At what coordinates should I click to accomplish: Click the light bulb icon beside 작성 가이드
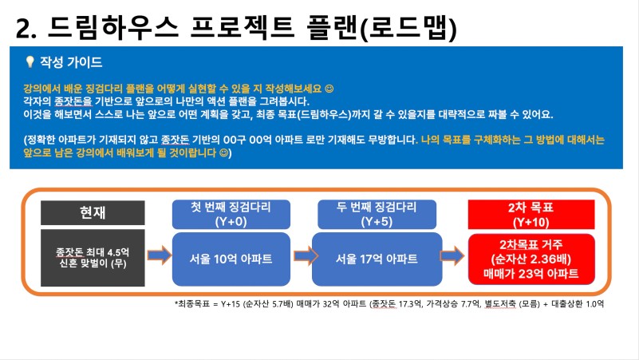pyautogui.click(x=30, y=62)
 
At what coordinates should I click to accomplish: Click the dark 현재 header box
pyautogui.click(x=93, y=212)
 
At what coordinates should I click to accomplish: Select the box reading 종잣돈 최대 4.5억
pyautogui.click(x=93, y=258)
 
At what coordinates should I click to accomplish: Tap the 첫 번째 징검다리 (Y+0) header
pyautogui.click(x=231, y=215)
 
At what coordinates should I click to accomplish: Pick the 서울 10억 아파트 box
pyautogui.click(x=231, y=259)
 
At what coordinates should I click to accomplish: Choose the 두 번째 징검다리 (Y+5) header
pyautogui.click(x=377, y=215)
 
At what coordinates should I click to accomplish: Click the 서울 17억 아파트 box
pyautogui.click(x=377, y=259)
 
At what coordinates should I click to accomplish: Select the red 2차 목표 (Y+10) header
pyautogui.click(x=531, y=215)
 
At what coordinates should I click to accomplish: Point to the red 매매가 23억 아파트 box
pyautogui.click(x=531, y=259)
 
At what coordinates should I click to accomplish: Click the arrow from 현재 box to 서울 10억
pyautogui.click(x=160, y=255)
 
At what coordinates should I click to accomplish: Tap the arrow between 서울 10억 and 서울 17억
pyautogui.click(x=306, y=256)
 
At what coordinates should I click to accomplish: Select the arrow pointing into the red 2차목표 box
pyautogui.click(x=452, y=256)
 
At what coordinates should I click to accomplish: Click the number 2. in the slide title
pyautogui.click(x=26, y=29)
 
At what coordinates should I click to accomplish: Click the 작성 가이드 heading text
pyautogui.click(x=71, y=62)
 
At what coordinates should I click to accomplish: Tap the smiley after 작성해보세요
pyautogui.click(x=329, y=89)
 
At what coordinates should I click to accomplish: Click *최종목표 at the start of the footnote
pyautogui.click(x=192, y=304)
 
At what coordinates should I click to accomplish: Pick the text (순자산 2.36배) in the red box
pyautogui.click(x=531, y=259)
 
